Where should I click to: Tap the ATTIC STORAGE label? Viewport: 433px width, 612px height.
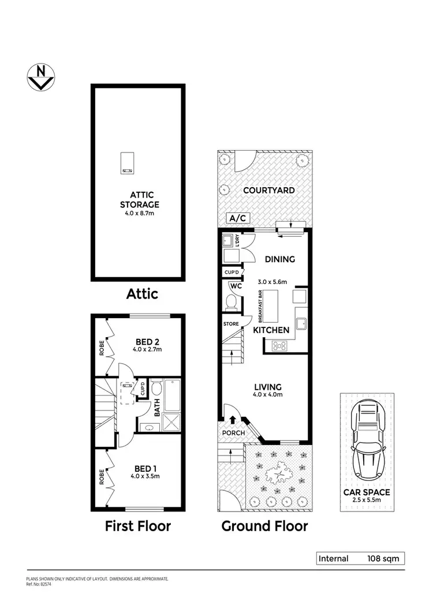tap(139, 200)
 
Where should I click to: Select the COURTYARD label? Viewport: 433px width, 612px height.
tap(269, 190)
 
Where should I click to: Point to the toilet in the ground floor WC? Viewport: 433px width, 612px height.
tap(230, 302)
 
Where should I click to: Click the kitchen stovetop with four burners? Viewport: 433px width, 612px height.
tap(280, 346)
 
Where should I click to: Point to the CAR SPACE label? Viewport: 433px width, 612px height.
tap(367, 492)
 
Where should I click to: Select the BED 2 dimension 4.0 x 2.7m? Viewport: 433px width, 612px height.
tap(140, 349)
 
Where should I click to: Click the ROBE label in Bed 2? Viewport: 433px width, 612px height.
tap(102, 347)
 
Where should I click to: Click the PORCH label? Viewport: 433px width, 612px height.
tap(234, 433)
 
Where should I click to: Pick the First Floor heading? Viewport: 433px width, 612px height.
tap(137, 526)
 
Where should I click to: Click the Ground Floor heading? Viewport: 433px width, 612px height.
tap(265, 526)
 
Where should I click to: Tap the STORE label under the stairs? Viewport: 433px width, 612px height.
tap(231, 324)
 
